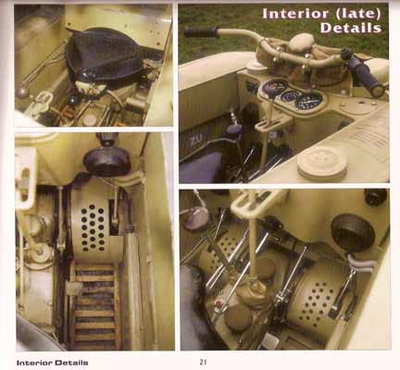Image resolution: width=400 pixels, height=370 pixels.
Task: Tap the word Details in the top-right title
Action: [351, 28]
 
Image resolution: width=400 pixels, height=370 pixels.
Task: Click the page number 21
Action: [203, 362]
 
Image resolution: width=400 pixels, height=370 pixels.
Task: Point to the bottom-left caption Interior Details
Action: [53, 363]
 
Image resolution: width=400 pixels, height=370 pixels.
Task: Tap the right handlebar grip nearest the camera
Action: [368, 76]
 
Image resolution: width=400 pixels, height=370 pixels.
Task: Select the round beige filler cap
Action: [322, 163]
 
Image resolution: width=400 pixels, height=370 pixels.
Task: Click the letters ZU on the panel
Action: [196, 141]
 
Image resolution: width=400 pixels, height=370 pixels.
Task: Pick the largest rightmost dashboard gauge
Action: [308, 101]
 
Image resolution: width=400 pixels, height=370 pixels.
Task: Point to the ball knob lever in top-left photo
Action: [22, 92]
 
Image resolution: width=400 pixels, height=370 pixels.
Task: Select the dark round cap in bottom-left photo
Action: [107, 161]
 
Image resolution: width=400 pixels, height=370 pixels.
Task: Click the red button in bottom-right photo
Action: [219, 303]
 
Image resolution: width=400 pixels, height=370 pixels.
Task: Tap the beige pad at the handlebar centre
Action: [301, 42]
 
